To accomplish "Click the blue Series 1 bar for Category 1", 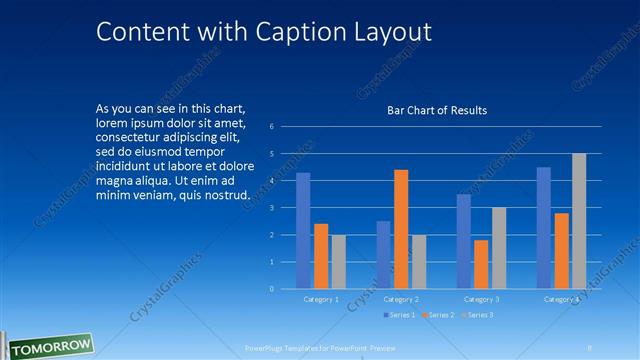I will pos(303,231).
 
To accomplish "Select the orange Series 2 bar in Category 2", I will pos(400,229).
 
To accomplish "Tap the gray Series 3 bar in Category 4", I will pos(579,221).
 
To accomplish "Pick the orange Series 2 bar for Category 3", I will pos(481,264).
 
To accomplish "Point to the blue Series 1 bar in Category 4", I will pos(543,228).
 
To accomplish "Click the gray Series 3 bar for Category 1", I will pos(338,262).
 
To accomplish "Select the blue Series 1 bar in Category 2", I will pos(383,255).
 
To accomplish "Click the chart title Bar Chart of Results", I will pos(437,110).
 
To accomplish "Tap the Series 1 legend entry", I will pos(400,315).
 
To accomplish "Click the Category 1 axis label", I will pos(321,299).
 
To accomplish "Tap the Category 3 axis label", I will pos(480,299).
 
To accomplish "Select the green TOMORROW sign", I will pos(47,346).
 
